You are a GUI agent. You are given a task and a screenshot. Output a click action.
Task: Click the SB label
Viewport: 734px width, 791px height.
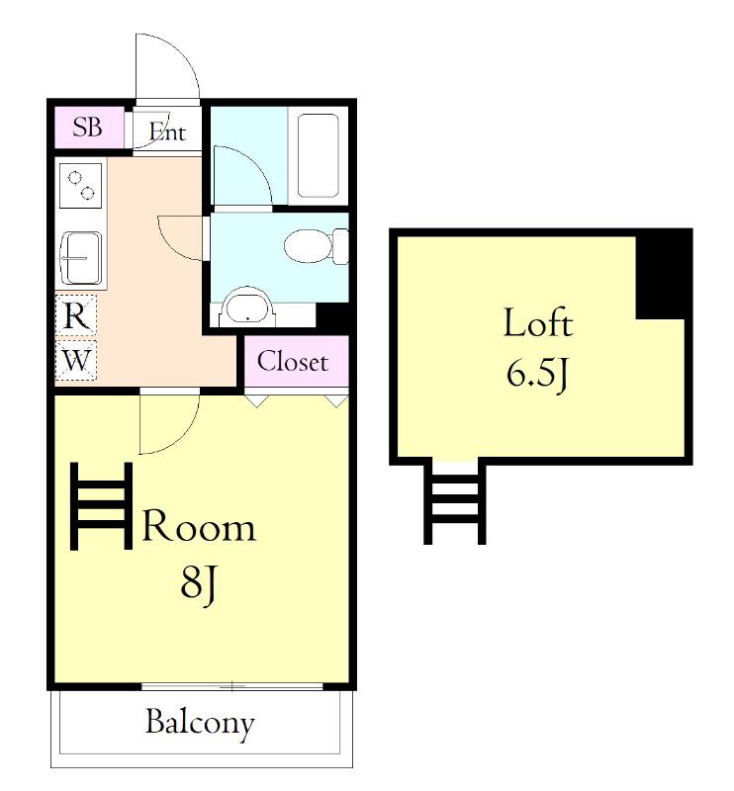(87, 128)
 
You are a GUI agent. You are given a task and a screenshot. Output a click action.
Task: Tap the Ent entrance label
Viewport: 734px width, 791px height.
(167, 132)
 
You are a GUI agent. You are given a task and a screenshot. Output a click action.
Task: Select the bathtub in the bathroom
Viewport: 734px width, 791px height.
(318, 155)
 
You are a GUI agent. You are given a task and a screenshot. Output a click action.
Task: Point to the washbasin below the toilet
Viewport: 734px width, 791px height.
(248, 308)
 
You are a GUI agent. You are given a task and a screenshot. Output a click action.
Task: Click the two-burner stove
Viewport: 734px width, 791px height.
(81, 186)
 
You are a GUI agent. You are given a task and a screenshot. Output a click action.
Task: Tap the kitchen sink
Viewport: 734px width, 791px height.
(81, 258)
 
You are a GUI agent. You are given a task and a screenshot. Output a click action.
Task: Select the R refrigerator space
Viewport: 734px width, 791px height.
(76, 316)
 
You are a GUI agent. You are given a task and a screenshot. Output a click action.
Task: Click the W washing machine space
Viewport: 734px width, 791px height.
(76, 360)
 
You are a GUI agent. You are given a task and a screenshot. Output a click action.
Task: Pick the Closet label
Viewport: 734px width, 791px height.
(293, 362)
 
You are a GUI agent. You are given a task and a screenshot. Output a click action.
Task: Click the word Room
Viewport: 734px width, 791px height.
(199, 527)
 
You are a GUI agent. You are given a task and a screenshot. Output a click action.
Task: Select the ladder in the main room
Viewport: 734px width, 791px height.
(101, 506)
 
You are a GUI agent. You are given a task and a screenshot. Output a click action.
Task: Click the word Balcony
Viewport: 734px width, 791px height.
(200, 724)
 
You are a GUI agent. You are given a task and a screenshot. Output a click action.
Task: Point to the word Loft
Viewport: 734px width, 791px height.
(538, 322)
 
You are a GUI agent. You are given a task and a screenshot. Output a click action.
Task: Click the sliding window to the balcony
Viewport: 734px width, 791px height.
(232, 686)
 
